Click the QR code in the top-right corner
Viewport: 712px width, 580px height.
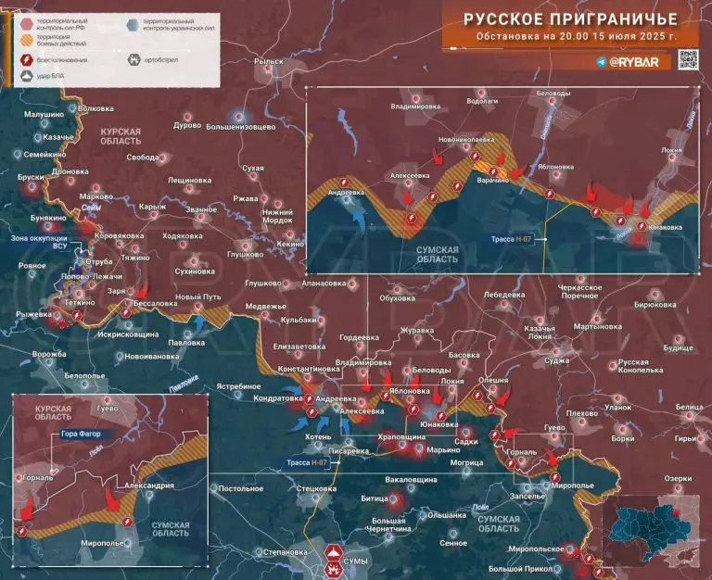tap(688, 59)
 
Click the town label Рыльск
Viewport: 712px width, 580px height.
tap(268, 62)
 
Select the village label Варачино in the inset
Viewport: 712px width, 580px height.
tap(493, 181)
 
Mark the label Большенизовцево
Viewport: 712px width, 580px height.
tap(240, 125)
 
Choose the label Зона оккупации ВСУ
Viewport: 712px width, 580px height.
tap(38, 242)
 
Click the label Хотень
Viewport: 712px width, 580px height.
tap(315, 435)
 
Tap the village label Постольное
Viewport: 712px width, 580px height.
tap(241, 488)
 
